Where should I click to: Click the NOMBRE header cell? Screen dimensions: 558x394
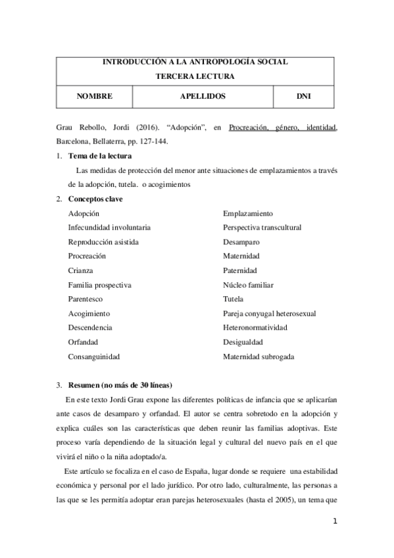(95, 96)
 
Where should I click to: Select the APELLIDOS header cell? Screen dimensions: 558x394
(203, 96)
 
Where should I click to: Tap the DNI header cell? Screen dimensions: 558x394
(304, 96)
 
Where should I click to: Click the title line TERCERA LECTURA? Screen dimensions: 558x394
(195, 76)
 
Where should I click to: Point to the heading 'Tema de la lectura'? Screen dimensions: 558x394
(100, 156)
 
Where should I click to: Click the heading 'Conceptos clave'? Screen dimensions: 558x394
(95, 199)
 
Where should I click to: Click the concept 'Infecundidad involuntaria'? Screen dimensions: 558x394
(109, 228)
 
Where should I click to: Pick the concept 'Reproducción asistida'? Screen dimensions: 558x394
(103, 241)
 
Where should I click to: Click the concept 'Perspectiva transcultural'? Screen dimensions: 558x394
(262, 228)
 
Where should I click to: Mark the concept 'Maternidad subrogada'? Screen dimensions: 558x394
(259, 357)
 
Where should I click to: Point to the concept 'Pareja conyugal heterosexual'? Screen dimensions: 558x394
(269, 313)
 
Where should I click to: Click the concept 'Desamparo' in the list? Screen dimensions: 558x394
(241, 241)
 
